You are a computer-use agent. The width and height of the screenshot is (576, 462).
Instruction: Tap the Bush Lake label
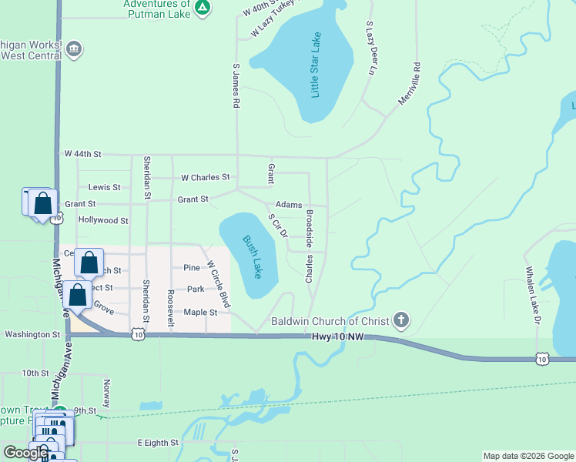coord(252,257)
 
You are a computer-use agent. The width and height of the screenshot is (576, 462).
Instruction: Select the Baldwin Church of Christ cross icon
coord(400,320)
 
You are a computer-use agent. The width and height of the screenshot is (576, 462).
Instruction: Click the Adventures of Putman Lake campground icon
coord(202,8)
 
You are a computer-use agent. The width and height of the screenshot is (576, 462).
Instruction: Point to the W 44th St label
coord(82,154)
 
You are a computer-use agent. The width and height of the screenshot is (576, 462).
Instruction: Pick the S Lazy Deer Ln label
coord(370,48)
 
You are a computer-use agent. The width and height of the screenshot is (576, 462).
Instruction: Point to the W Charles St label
coord(205,177)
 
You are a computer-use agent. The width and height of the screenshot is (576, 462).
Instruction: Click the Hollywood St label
coord(103,220)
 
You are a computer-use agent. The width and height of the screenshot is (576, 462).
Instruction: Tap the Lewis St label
coord(104,187)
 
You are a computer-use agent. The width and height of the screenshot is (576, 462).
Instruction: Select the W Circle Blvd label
coord(218,283)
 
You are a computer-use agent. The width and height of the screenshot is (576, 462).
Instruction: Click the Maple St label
coord(200,312)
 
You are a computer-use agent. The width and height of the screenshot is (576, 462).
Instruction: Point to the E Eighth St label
coord(158,444)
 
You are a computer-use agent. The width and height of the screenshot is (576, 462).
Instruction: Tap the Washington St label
coord(32,335)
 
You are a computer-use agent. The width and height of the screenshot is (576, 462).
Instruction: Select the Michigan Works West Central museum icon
coord(74,49)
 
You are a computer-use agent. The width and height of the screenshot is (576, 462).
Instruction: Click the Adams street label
coord(289,205)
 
